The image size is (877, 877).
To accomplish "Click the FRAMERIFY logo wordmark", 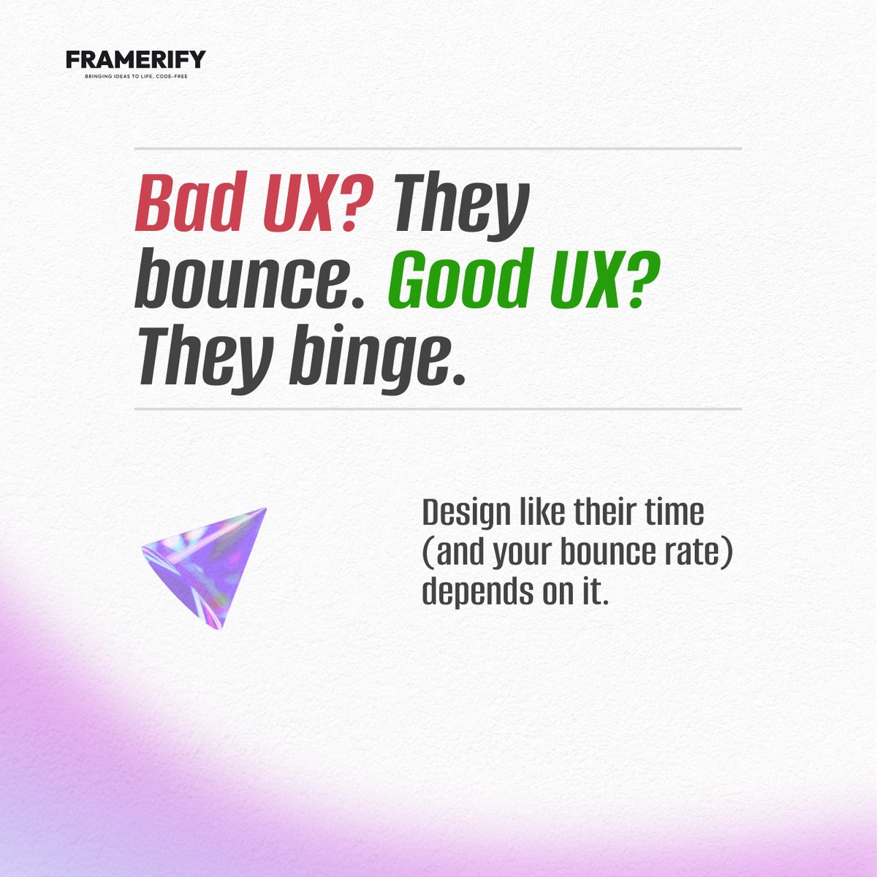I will click(x=136, y=59).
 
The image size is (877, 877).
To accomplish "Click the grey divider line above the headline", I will click(x=438, y=148).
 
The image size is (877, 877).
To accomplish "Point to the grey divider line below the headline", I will click(x=438, y=409).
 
